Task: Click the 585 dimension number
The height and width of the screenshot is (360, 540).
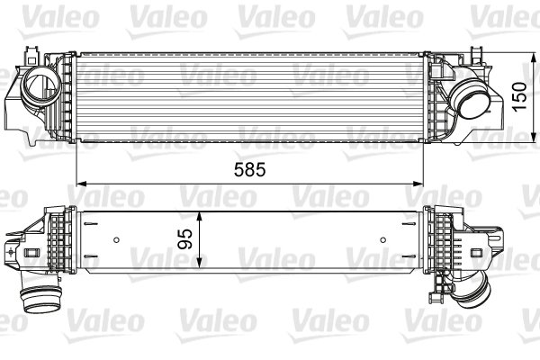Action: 250,169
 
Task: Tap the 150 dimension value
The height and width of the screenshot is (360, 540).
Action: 520,96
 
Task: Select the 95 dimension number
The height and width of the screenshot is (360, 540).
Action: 184,239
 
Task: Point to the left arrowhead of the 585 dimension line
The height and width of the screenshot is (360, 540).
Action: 80,184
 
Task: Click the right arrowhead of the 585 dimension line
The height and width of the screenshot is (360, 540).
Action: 418,184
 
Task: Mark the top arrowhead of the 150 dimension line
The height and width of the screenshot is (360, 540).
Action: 534,58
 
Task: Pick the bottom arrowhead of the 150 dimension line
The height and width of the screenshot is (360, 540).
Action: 534,137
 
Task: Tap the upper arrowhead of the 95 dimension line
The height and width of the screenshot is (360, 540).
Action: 199,217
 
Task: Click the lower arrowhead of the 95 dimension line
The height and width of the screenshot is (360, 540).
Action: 199,263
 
